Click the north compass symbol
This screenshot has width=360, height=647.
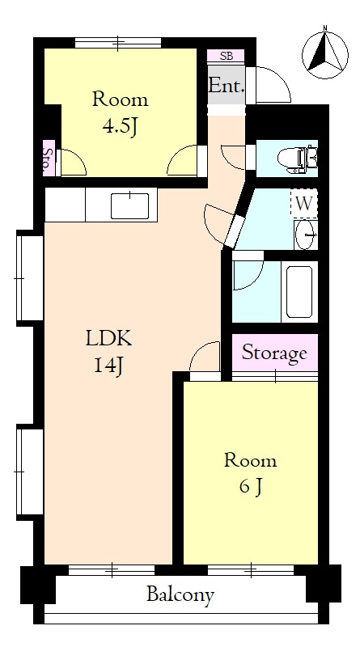(325, 55)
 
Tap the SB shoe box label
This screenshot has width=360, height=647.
(226, 56)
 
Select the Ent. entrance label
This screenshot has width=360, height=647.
(227, 86)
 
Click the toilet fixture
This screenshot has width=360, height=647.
(297, 159)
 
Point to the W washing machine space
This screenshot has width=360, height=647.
(304, 204)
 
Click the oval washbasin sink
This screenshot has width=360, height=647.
(306, 235)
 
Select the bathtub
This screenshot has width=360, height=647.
(299, 292)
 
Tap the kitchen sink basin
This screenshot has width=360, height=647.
(130, 206)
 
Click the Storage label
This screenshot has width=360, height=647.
(274, 353)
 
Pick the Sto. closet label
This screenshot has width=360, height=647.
(49, 159)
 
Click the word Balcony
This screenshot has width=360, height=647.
(180, 595)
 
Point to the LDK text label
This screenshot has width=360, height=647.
(108, 339)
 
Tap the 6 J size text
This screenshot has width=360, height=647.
(250, 488)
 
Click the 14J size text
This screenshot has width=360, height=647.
(108, 366)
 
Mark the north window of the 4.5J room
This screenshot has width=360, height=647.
(118, 43)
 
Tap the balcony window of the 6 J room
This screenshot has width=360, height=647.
(251, 570)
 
